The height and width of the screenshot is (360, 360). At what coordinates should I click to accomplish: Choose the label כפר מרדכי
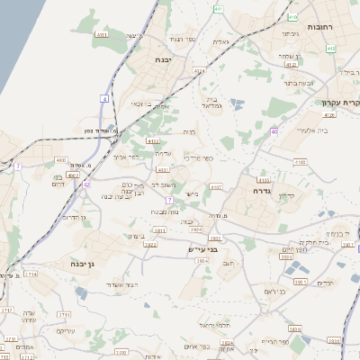click(200, 158)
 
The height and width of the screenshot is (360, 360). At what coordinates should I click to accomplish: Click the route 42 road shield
click(87, 184)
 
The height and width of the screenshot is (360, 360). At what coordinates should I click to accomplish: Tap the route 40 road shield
click(273, 131)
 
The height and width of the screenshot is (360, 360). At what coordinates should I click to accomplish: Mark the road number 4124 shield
click(199, 71)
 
